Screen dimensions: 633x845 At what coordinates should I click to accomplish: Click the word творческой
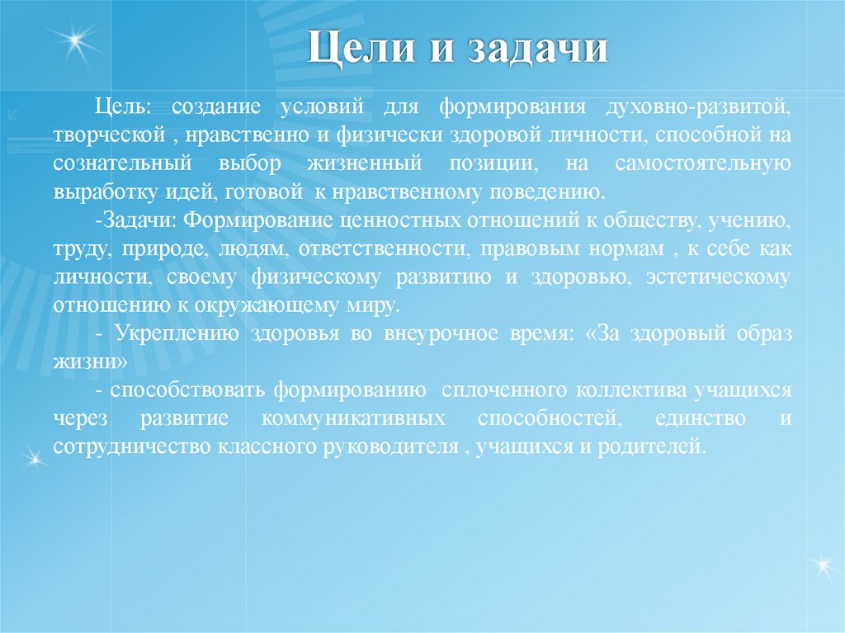[x=106, y=135]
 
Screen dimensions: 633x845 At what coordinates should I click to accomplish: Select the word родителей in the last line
[x=661, y=446]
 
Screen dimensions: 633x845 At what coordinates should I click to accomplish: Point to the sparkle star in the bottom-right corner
[x=821, y=565]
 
